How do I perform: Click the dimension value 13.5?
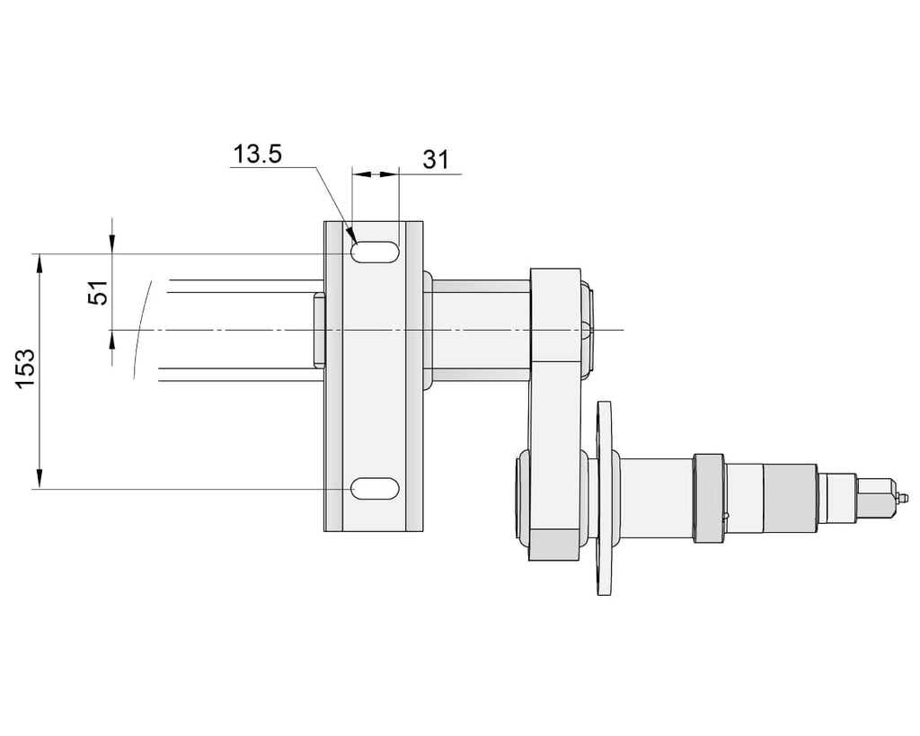[x=258, y=155]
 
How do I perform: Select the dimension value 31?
[x=436, y=160]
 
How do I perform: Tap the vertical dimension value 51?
[x=99, y=292]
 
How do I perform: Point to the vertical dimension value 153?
[x=25, y=368]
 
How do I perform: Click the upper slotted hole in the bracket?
[x=376, y=252]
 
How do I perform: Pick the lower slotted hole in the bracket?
[x=376, y=488]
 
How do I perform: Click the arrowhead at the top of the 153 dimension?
[x=40, y=263]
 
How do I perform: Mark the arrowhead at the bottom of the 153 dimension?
[x=40, y=478]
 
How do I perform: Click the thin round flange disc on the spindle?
[x=604, y=498]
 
